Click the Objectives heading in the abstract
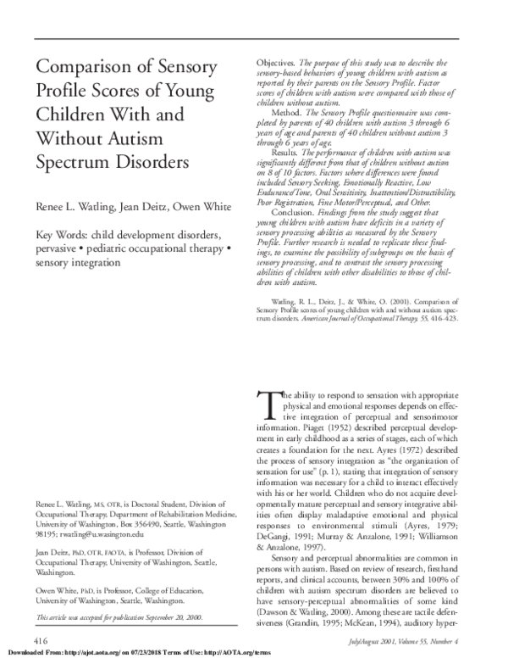tap(274, 64)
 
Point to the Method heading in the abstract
tap(289, 112)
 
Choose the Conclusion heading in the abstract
tap(294, 237)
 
